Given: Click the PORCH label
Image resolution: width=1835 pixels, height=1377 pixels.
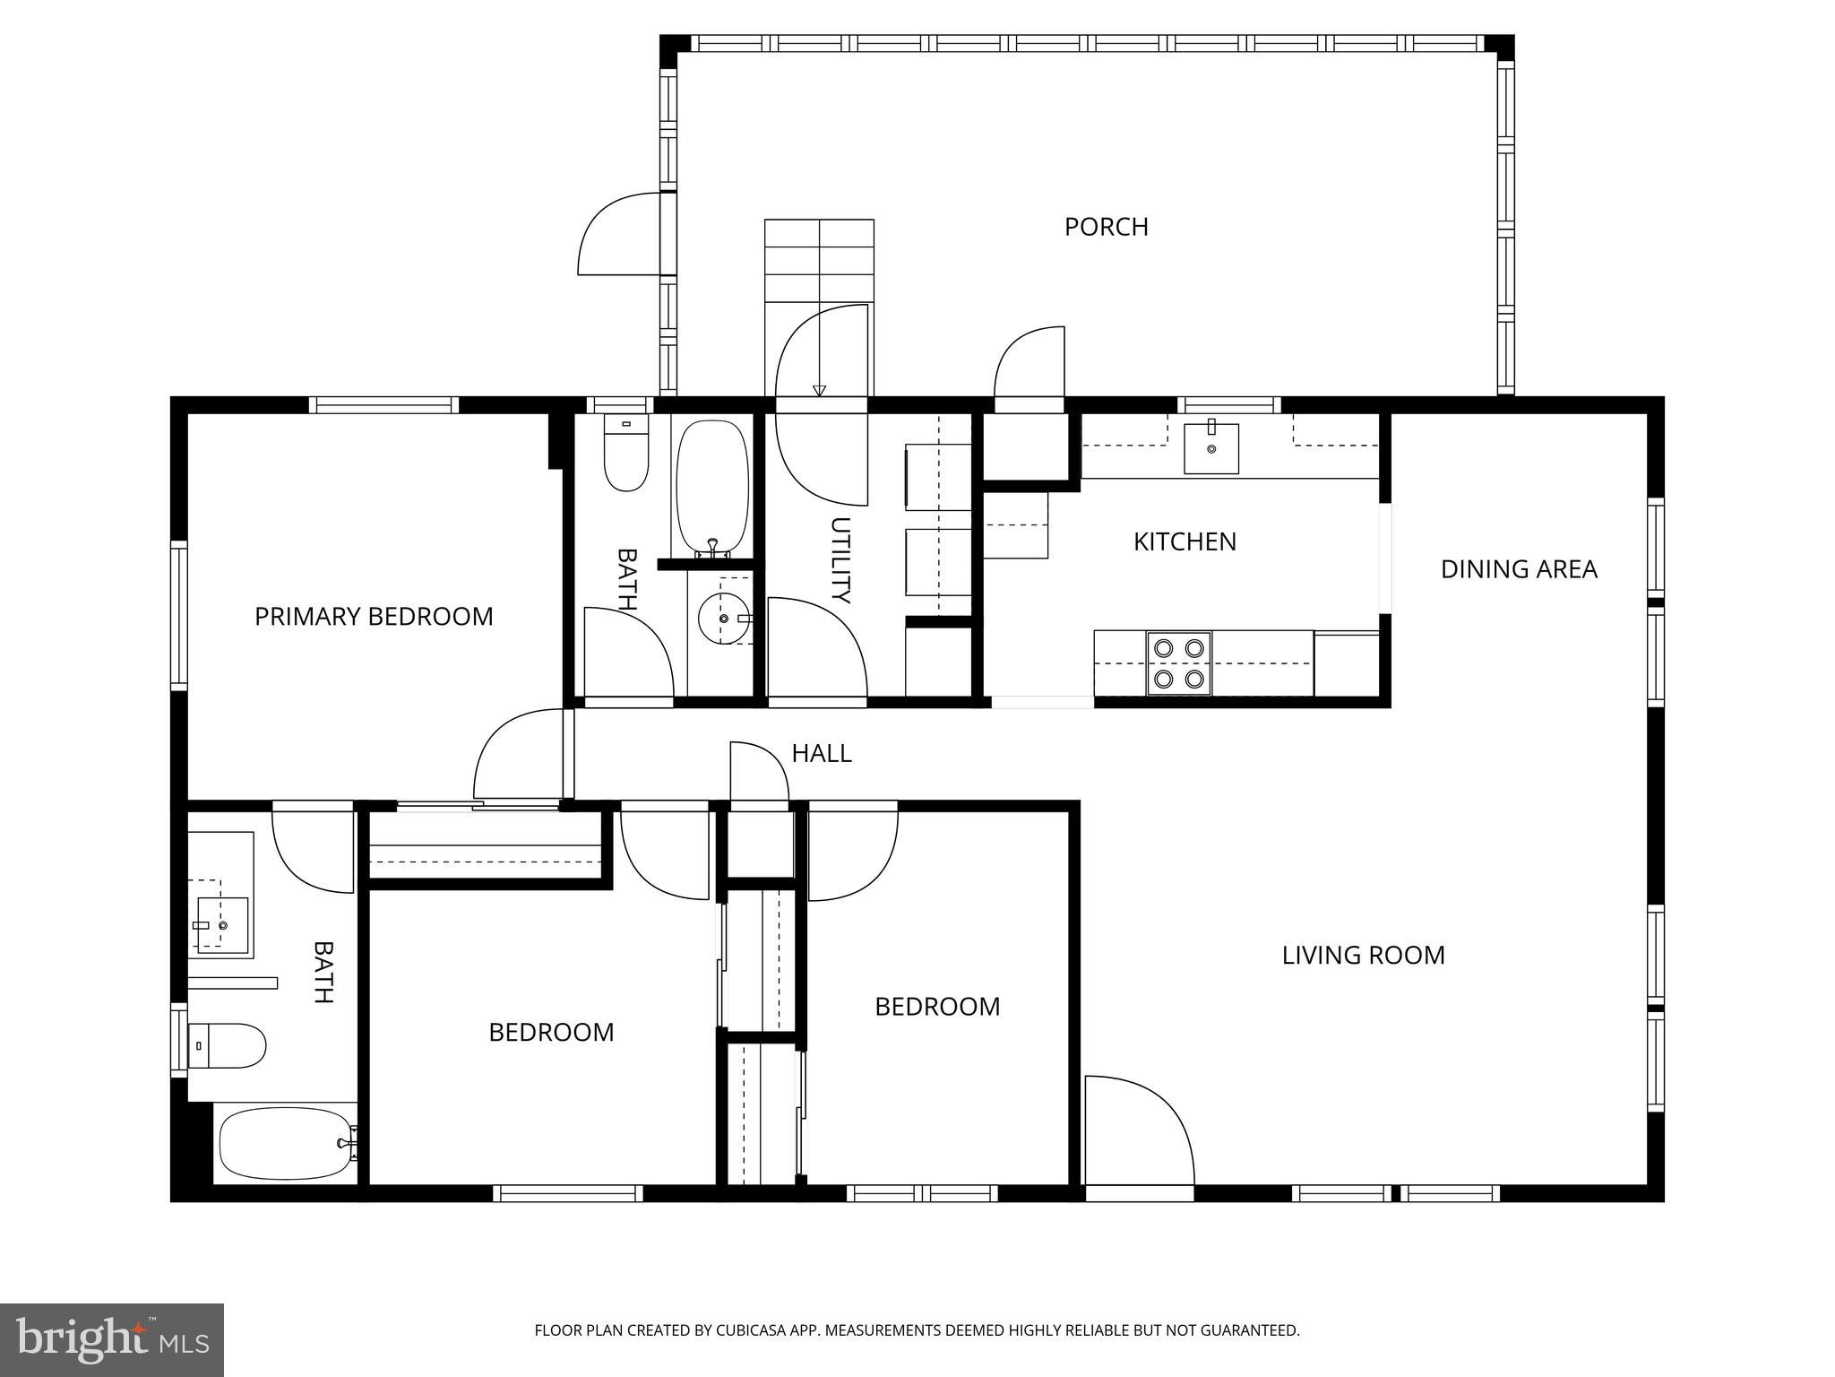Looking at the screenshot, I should [x=1106, y=227].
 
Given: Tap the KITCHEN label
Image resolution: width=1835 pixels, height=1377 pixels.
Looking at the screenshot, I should [x=1185, y=541].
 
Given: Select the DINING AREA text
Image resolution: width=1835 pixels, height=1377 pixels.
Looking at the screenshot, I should [x=1519, y=569].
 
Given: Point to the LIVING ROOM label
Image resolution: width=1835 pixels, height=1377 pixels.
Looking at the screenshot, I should [x=1363, y=955].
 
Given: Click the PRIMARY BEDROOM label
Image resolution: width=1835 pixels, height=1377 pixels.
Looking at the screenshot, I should [x=374, y=617].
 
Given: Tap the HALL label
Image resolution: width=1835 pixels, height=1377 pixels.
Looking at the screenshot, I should [x=821, y=753].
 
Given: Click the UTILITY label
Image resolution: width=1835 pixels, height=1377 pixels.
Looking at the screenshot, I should [x=840, y=560].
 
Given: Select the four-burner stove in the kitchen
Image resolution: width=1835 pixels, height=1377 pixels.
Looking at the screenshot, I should [x=1178, y=663].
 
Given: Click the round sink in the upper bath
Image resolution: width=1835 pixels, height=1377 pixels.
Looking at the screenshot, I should [x=723, y=618].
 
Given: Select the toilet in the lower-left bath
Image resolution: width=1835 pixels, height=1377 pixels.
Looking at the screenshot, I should [x=230, y=1045].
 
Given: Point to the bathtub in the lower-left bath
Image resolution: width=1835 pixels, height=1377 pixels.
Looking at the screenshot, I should [x=283, y=1144].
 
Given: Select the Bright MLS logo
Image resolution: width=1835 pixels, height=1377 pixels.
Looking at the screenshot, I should [x=112, y=1339].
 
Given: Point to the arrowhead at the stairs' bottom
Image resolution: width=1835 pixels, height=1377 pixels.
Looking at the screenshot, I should [x=819, y=390].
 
